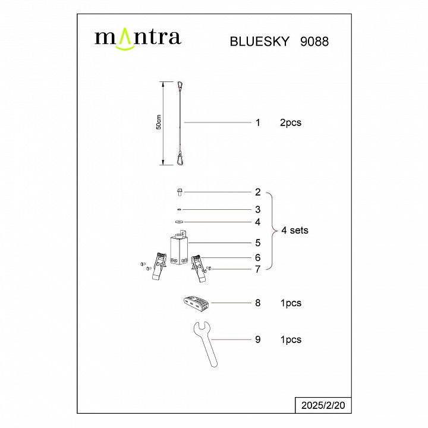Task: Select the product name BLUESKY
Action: click(x=259, y=42)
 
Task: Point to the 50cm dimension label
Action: click(x=158, y=122)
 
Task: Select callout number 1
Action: click(x=258, y=123)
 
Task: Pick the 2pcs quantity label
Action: click(x=291, y=123)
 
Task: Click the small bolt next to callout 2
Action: click(x=180, y=192)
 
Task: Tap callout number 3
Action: click(x=258, y=209)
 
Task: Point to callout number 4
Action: click(x=258, y=222)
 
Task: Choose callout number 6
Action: click(x=258, y=258)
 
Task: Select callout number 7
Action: click(x=258, y=269)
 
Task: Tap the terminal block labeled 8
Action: click(x=194, y=303)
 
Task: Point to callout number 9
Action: click(x=258, y=339)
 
